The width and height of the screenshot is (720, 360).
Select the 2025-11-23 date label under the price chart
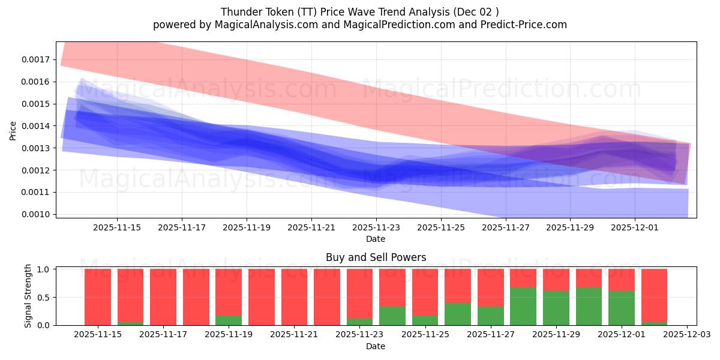point(376,227)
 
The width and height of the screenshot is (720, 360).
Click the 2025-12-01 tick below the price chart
point(635,227)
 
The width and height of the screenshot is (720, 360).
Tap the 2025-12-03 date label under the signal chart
point(686,335)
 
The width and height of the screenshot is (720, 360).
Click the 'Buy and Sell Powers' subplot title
point(376,257)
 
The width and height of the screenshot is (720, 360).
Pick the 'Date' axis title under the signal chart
point(376,346)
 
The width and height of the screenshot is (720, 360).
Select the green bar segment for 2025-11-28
point(523,306)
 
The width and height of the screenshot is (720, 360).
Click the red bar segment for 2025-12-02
point(654,295)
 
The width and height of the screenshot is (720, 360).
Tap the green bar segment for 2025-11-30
point(589,306)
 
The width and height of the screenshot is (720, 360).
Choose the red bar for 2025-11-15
point(98,297)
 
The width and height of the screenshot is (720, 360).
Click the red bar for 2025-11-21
point(294,297)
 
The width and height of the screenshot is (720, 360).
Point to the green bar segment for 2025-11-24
point(392,316)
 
